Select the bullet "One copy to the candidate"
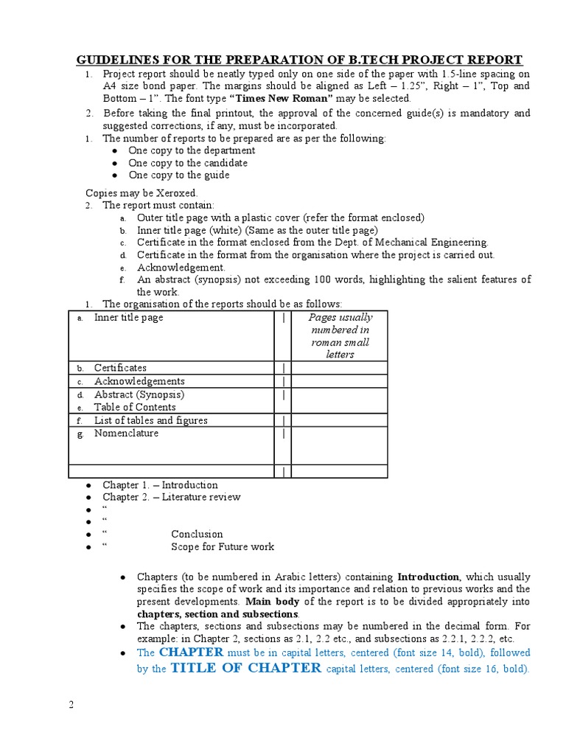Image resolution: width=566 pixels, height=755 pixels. (188, 163)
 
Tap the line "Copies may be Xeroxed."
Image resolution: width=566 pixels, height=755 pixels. (142, 192)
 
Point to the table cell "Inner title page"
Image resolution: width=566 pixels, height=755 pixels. (128, 318)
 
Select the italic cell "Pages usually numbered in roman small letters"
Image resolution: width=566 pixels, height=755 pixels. (340, 336)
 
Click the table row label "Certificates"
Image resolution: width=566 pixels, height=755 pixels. (120, 368)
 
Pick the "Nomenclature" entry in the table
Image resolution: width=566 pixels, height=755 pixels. (126, 434)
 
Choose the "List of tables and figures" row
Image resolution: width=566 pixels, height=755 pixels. (150, 420)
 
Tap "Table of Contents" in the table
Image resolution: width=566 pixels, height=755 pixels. (135, 407)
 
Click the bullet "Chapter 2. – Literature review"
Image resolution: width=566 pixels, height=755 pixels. (172, 497)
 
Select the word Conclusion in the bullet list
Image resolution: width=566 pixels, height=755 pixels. (197, 534)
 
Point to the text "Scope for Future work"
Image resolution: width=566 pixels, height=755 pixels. (223, 546)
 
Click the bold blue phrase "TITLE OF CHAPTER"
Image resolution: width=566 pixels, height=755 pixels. (245, 669)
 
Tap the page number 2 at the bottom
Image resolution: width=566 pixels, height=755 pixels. (71, 704)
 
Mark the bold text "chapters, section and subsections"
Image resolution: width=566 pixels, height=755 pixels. (217, 614)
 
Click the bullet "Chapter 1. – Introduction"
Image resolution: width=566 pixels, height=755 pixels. (160, 485)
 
